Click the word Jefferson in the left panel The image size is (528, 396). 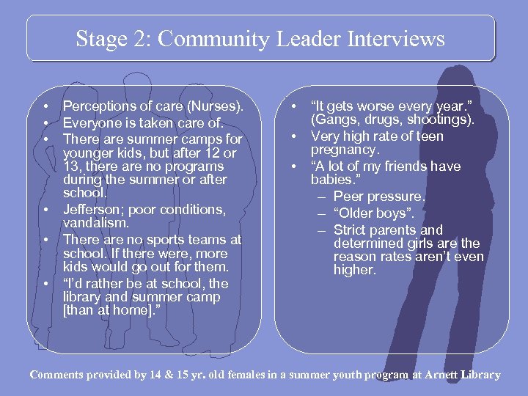pyautogui.click(x=92, y=209)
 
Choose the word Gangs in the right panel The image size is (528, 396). pyautogui.click(x=336, y=120)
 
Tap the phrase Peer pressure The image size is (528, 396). pyautogui.click(x=379, y=197)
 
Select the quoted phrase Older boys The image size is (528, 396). pyautogui.click(x=373, y=213)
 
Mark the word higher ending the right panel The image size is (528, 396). pyautogui.click(x=353, y=270)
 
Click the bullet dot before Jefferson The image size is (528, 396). pyautogui.click(x=45, y=210)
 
